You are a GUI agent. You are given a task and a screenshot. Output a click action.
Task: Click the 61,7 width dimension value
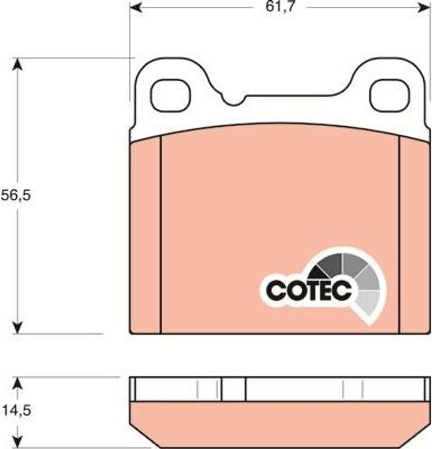tap(280, 6)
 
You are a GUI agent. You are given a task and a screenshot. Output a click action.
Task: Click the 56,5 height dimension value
tap(15, 196)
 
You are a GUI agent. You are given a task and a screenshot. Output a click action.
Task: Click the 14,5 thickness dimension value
tap(17, 410)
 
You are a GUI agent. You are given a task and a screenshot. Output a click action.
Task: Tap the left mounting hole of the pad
tap(170, 96)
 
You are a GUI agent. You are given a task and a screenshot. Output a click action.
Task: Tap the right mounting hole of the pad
tap(390, 96)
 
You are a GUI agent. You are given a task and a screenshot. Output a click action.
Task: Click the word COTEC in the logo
tap(308, 290)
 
